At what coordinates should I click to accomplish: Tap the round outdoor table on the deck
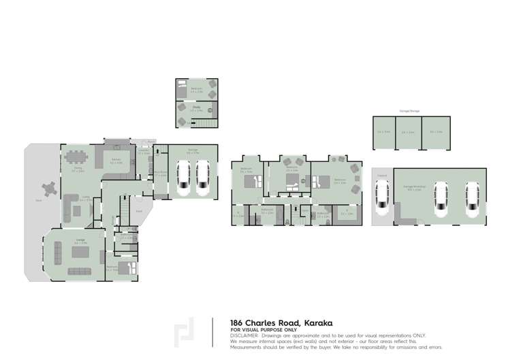pos(49,188)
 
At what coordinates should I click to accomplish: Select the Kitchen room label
pos(116,162)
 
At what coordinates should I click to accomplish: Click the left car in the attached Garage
pos(183,176)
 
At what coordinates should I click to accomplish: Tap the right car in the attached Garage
pos(202,176)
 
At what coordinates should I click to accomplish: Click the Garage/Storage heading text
pos(409,110)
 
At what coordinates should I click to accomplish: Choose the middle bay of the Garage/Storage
pos(409,132)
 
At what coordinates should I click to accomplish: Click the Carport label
pos(381,174)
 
